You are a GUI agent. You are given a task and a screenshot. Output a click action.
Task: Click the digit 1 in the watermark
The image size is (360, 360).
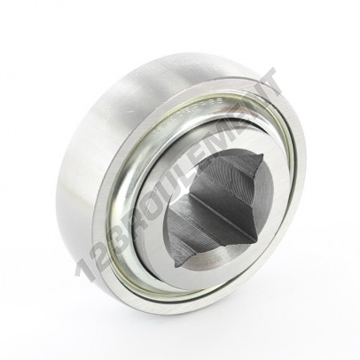tap(83, 269)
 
